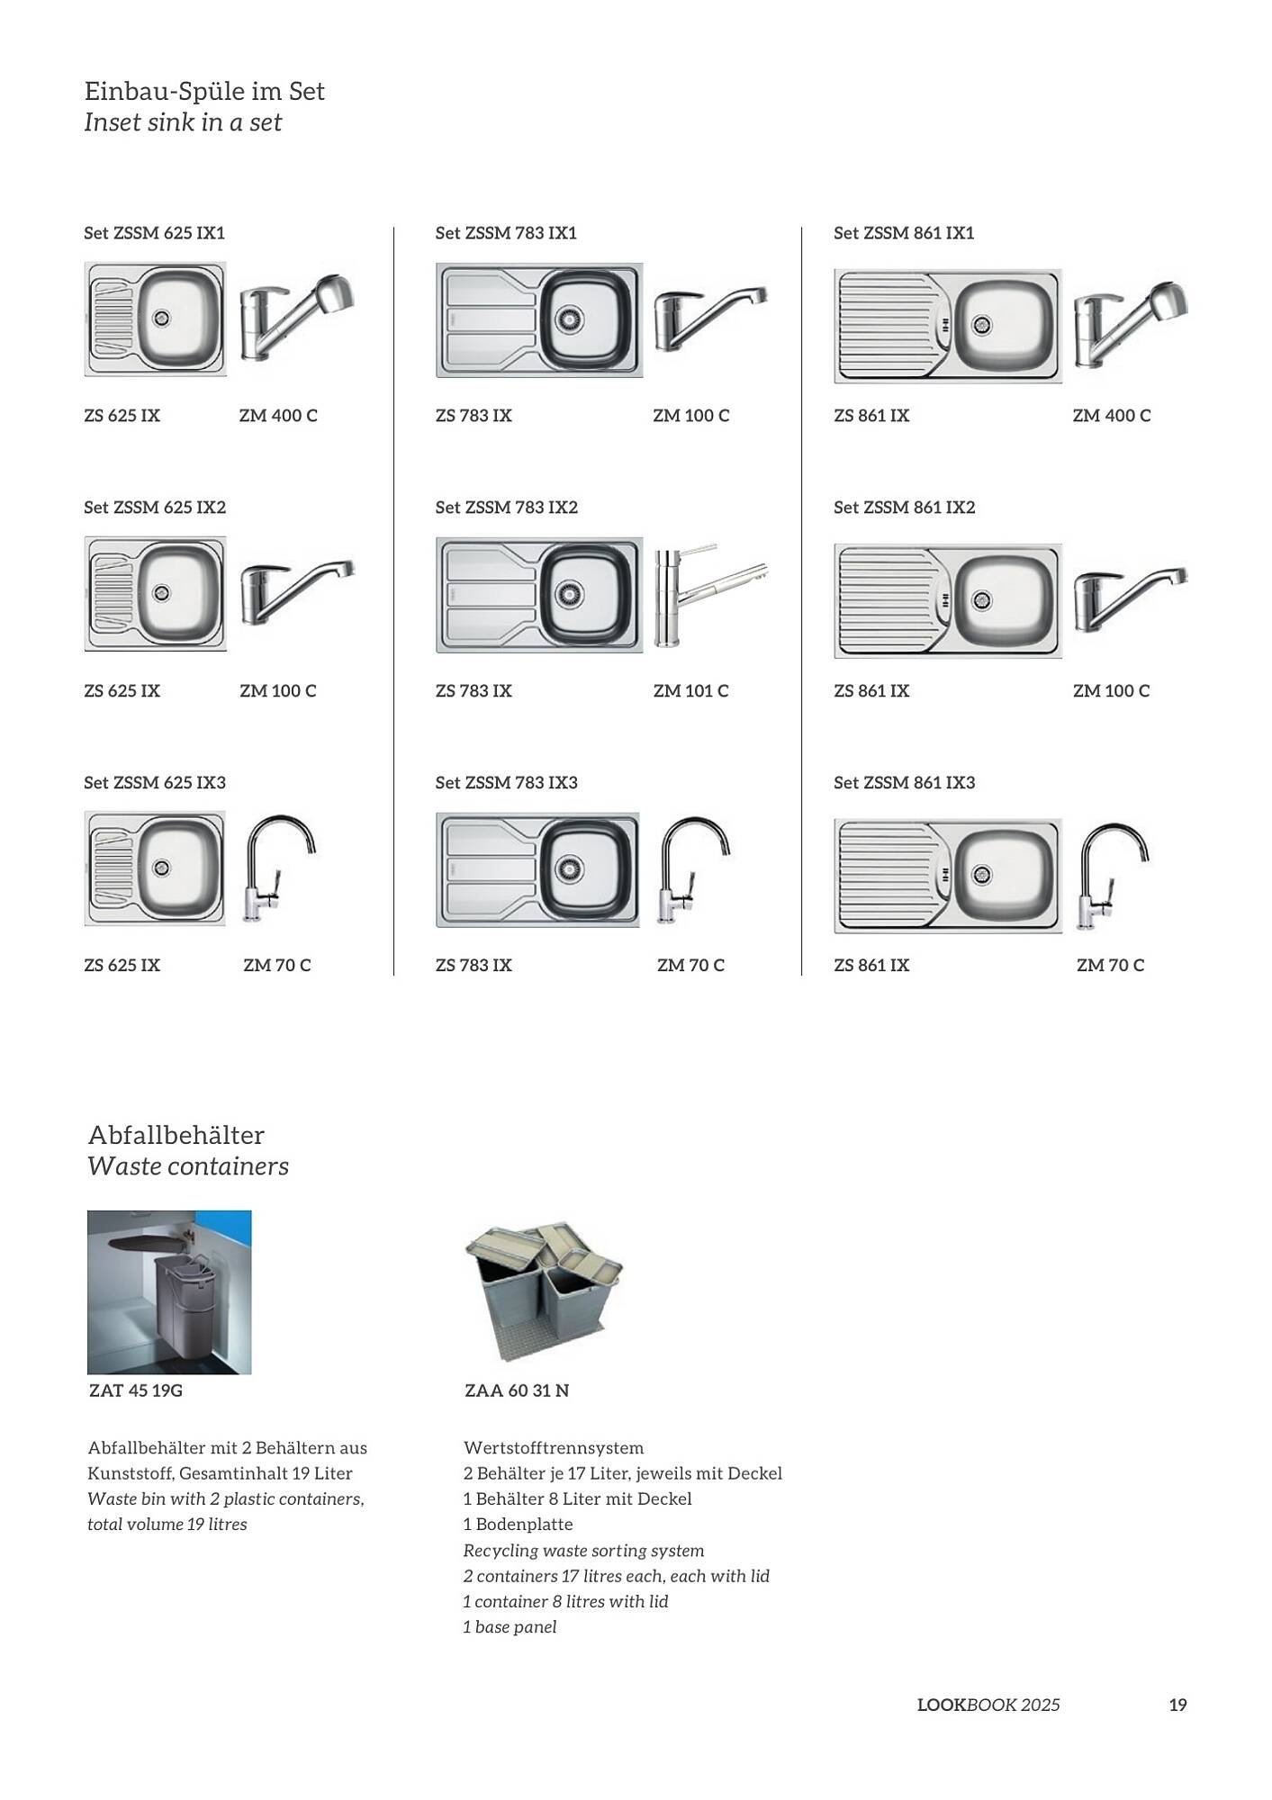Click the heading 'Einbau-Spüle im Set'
click(x=204, y=91)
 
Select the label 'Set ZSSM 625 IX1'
click(x=154, y=233)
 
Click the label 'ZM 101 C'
click(x=690, y=691)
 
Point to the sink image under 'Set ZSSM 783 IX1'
click(x=539, y=320)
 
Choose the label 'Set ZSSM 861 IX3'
click(x=904, y=783)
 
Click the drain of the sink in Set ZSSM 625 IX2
click(x=161, y=592)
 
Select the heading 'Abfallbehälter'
click(x=176, y=1135)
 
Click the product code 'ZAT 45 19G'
click(x=136, y=1390)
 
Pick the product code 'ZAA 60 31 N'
click(x=517, y=1390)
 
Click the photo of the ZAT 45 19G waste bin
click(x=169, y=1292)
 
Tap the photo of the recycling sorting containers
click(x=543, y=1289)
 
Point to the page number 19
click(x=1177, y=1705)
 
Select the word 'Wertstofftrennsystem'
click(x=554, y=1448)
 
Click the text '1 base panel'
click(x=510, y=1627)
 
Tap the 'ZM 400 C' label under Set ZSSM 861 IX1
click(x=1111, y=416)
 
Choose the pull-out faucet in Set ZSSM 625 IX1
click(x=296, y=319)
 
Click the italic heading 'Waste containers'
click(x=188, y=1166)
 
